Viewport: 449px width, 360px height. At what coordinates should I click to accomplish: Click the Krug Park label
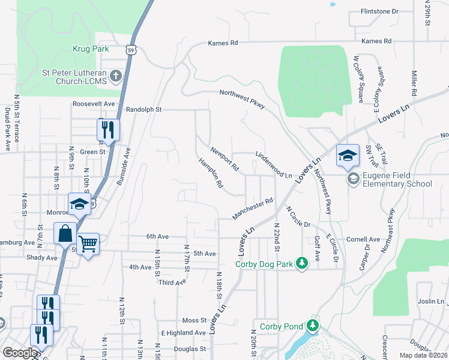tap(89, 48)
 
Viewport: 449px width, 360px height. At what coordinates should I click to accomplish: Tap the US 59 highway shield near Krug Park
tap(133, 50)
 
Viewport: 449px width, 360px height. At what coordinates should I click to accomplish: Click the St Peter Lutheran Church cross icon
tap(116, 76)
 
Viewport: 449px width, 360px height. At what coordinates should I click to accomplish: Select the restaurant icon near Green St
tap(108, 129)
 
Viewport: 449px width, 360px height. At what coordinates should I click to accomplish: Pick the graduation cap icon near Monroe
tap(79, 204)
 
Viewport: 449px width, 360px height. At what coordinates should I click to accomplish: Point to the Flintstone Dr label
tap(379, 11)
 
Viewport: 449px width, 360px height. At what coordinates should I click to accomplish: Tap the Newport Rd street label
tap(224, 157)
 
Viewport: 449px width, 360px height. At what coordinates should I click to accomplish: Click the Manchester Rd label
tap(253, 209)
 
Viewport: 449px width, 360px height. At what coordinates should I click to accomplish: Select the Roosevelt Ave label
tap(94, 103)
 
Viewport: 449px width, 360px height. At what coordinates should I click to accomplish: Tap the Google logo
tap(20, 353)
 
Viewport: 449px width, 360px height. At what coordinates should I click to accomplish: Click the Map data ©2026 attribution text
tap(424, 355)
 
